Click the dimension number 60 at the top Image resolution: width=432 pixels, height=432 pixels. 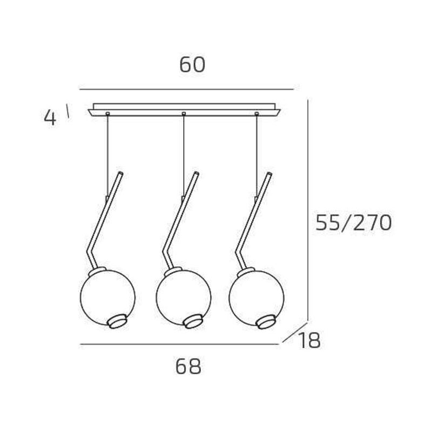point(192,65)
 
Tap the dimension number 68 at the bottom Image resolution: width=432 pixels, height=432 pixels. point(188,367)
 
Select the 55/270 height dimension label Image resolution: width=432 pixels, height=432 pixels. point(354,223)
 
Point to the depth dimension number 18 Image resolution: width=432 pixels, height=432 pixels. point(309,341)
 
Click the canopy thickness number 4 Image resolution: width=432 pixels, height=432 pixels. point(50,118)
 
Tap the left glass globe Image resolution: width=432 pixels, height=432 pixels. point(107,298)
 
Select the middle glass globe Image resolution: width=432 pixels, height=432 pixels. point(184,298)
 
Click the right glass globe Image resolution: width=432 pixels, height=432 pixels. point(256,298)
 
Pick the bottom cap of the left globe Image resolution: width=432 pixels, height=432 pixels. point(118,322)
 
